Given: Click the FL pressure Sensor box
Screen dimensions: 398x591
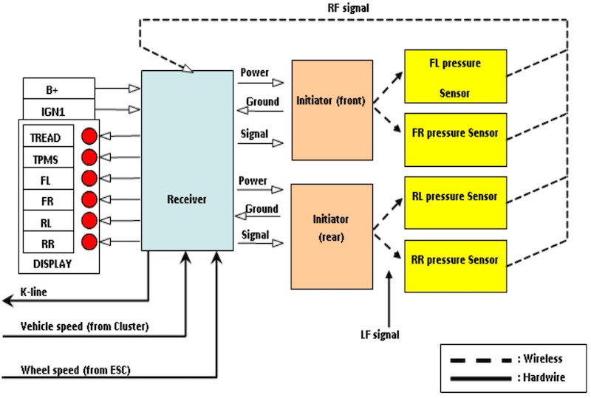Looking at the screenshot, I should pos(454,76).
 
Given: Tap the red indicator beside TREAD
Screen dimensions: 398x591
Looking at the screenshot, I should pos(89,136).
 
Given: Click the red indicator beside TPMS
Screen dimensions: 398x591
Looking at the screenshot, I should pos(89,157).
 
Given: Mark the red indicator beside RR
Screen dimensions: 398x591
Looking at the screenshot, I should pos(89,241).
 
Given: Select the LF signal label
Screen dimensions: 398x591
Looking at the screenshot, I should pos(380,335).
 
